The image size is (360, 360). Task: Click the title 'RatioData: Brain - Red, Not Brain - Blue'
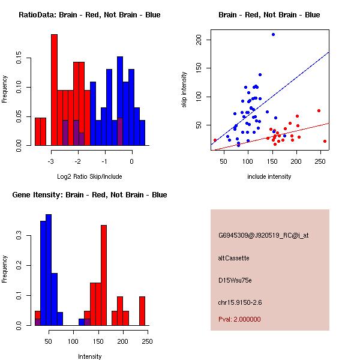point(89,15)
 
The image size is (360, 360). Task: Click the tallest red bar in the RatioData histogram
point(54,90)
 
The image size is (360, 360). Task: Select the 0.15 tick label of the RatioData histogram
point(16,59)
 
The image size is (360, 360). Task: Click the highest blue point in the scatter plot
point(273,35)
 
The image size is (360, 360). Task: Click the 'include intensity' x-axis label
point(269,176)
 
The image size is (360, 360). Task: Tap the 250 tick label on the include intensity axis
point(319,161)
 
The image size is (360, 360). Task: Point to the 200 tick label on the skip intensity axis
point(206,40)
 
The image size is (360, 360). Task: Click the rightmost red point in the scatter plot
point(325,141)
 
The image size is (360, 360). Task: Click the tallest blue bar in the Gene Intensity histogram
point(49,270)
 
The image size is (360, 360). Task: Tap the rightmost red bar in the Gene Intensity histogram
point(142,311)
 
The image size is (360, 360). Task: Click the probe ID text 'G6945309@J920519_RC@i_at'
point(263,235)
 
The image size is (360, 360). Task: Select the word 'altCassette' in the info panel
point(233,257)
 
